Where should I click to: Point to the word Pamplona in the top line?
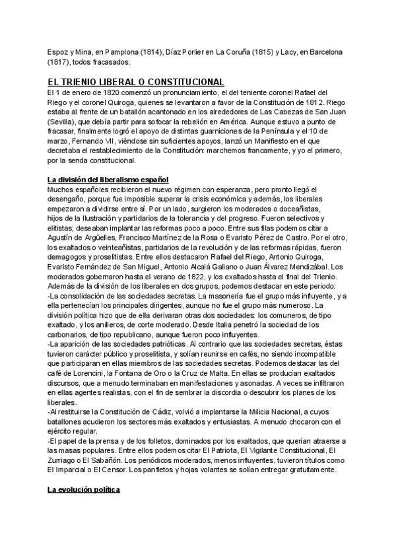pos(121,51)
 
